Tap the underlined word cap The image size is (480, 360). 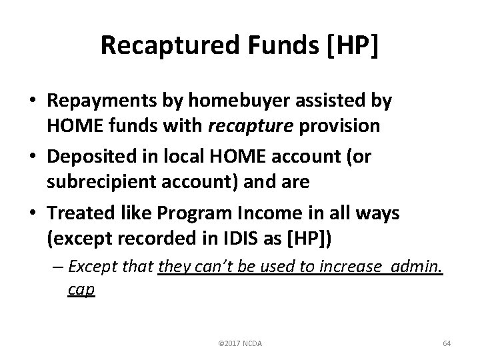[x=81, y=290]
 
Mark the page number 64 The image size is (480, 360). [x=447, y=343]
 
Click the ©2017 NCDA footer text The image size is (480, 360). [x=240, y=343]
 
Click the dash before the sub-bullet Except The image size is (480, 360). [x=58, y=267]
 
